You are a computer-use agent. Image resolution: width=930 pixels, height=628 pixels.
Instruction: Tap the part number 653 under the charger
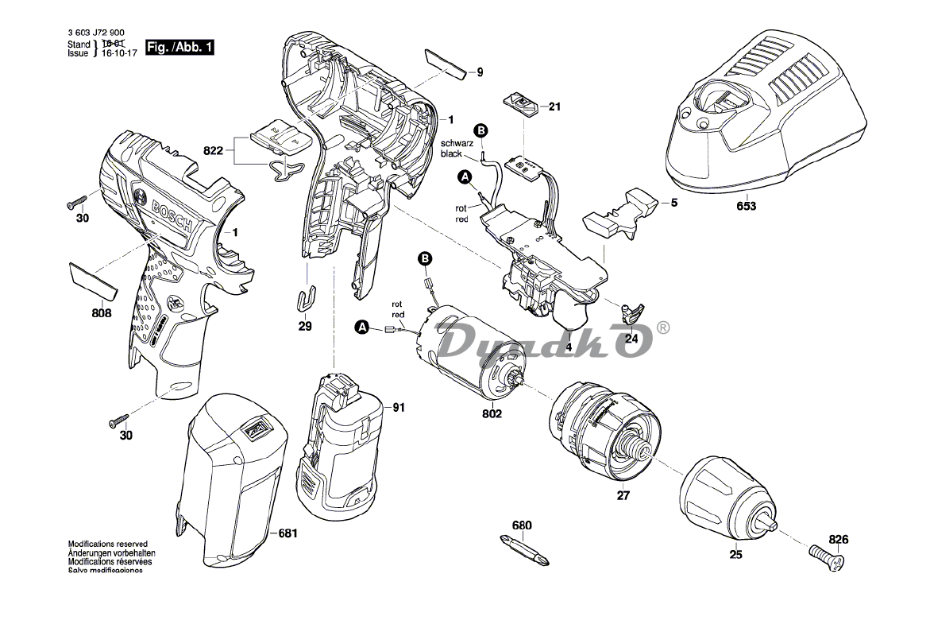pyautogui.click(x=746, y=206)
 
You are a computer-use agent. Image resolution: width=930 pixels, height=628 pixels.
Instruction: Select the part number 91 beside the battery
pyautogui.click(x=398, y=408)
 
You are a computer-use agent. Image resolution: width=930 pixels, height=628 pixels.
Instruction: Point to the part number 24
pyautogui.click(x=631, y=338)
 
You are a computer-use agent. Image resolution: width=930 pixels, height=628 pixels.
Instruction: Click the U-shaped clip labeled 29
pyautogui.click(x=306, y=299)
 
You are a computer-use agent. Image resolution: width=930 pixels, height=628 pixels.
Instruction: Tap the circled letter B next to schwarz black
pyautogui.click(x=480, y=130)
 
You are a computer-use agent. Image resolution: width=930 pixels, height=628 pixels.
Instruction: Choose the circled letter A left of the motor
pyautogui.click(x=361, y=327)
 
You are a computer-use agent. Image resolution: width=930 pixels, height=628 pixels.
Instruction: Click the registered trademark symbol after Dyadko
pyautogui.click(x=664, y=327)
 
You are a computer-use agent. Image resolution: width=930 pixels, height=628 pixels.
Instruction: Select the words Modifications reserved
pyautogui.click(x=107, y=544)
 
